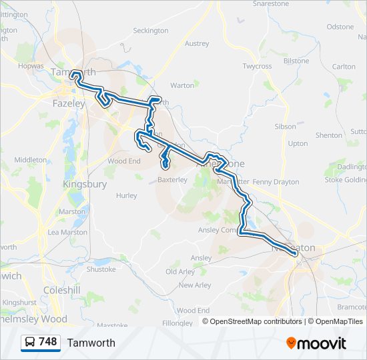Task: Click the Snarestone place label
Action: pyautogui.click(x=274, y=3)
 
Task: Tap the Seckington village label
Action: pyautogui.click(x=151, y=31)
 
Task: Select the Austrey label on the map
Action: pyautogui.click(x=197, y=44)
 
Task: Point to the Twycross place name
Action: pyautogui.click(x=257, y=67)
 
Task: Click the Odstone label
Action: pyautogui.click(x=340, y=27)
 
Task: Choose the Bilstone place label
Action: pyautogui.click(x=296, y=61)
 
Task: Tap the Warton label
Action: pyautogui.click(x=182, y=85)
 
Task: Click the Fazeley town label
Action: pyautogui.click(x=69, y=104)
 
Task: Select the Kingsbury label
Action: pyautogui.click(x=84, y=184)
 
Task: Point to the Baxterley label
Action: pyautogui.click(x=173, y=180)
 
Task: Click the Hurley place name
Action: pyautogui.click(x=126, y=196)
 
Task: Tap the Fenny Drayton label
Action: pyautogui.click(x=276, y=181)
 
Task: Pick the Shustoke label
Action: pyautogui.click(x=101, y=269)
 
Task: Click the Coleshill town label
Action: pyautogui.click(x=62, y=291)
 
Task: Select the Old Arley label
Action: pyautogui.click(x=180, y=272)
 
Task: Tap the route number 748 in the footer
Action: pyautogui.click(x=47, y=342)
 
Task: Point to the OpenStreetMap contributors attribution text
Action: pyautogui.click(x=256, y=321)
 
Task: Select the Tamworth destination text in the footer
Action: pyautogui.click(x=91, y=343)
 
